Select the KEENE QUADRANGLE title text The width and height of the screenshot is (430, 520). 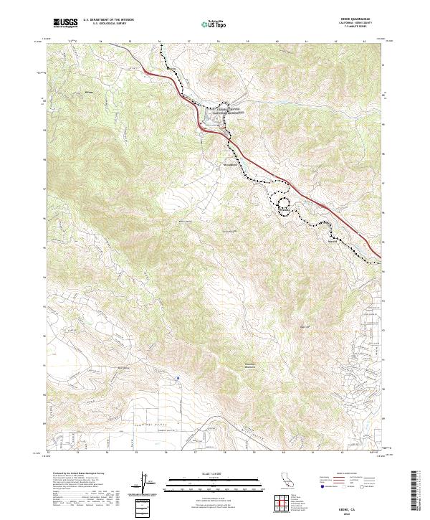pos(354,19)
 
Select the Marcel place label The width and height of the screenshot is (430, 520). pos(332,241)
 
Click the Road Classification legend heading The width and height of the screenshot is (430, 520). pos(345,474)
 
